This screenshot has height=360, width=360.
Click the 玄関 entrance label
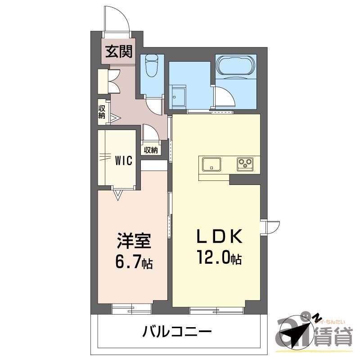point(119,52)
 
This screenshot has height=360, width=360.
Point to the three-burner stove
point(245,164)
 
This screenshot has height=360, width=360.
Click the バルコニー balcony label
point(177,333)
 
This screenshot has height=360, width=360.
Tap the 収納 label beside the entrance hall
point(102,112)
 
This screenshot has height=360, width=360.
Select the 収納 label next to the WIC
point(151,150)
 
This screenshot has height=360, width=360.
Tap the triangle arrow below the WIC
point(118,194)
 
